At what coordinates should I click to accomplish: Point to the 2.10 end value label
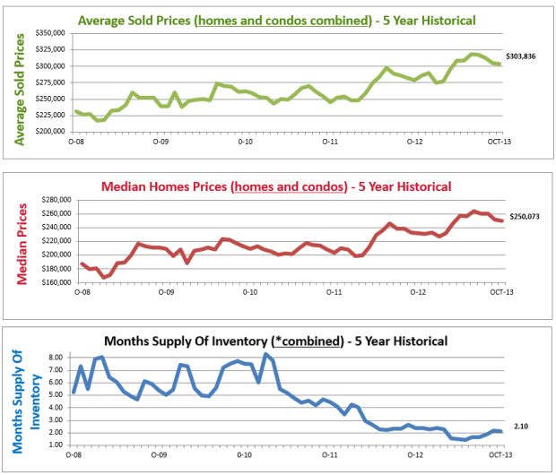pyautogui.click(x=520, y=427)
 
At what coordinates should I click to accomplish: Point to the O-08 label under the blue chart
pyautogui.click(x=79, y=455)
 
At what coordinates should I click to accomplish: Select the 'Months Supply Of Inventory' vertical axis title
pyautogui.click(x=26, y=399)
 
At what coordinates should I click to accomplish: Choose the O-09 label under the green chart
pyautogui.click(x=161, y=141)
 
